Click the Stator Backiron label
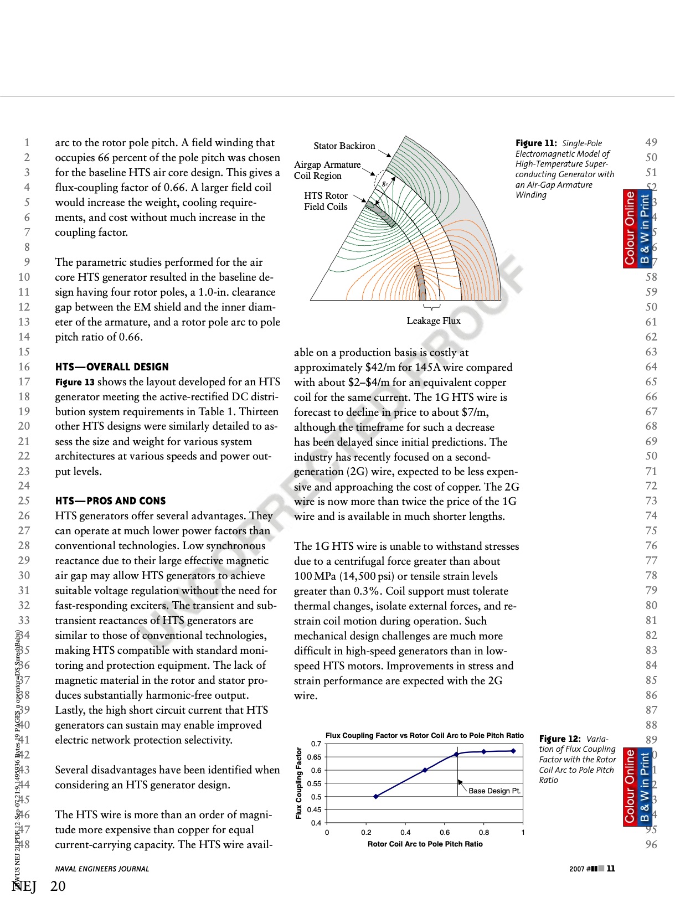344,146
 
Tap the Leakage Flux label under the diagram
433,321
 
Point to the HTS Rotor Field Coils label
326,202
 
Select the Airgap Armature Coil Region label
327,171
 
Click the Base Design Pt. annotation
494,791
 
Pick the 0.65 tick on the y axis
314,757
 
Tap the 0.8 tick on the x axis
484,833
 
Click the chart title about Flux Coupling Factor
424,736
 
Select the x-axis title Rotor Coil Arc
425,844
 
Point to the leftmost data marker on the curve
376,797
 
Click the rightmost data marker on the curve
513,751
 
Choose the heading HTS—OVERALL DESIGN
112,367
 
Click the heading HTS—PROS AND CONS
110,501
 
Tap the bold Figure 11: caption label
535,143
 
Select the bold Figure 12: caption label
559,739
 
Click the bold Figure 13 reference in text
75,382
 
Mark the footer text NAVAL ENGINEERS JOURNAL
102,869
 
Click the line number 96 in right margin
651,845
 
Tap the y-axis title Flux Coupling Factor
299,783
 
